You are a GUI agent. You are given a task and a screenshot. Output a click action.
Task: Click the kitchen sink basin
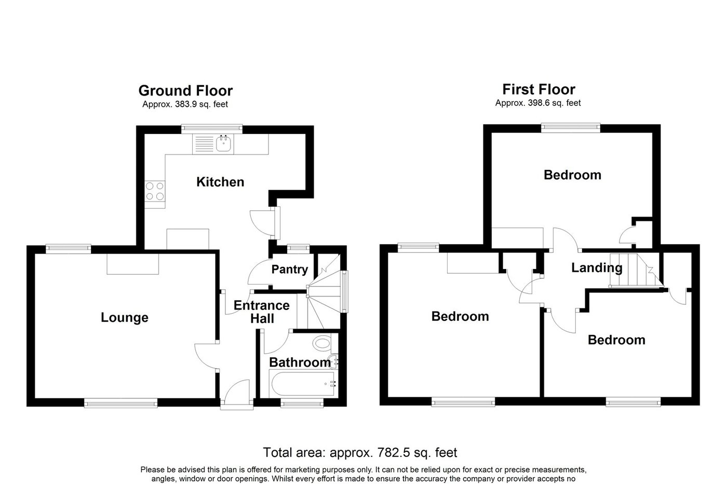pos(223,144)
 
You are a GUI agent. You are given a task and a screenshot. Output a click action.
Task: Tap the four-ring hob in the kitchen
pos(155,191)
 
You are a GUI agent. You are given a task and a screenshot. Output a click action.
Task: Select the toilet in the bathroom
pos(323,343)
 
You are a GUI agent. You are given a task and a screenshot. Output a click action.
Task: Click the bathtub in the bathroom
pos(303,384)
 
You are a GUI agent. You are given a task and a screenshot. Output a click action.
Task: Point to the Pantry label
pos(290,270)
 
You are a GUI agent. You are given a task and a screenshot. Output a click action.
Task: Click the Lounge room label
pos(124,317)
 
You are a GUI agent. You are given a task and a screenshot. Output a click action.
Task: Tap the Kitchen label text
pos(220,182)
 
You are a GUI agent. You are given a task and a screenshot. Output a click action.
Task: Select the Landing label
pos(597,268)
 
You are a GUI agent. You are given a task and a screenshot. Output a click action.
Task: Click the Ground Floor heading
pos(185,90)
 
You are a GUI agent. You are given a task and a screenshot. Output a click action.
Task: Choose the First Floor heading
pos(538,89)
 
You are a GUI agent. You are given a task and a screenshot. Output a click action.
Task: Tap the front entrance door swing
pos(237,392)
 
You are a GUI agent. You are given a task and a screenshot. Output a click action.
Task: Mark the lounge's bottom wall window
pos(120,402)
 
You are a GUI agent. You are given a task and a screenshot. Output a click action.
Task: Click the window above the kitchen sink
pos(212,129)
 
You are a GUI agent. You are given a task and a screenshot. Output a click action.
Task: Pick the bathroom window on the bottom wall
pos(302,402)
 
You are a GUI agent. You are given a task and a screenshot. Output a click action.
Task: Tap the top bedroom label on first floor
pos(572,175)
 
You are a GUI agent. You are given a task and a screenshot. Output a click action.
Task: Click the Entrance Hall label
pos(262,312)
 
